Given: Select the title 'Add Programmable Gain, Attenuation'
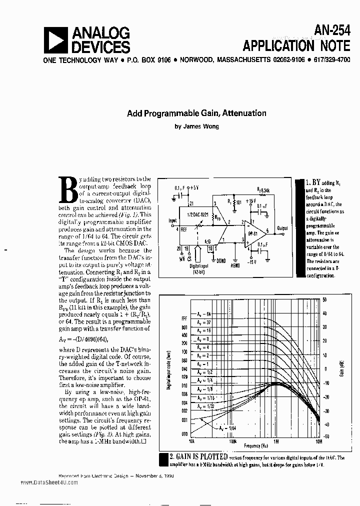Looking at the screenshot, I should (x=196, y=113).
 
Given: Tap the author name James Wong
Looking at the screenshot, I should (x=196, y=126).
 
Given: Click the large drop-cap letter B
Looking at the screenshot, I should (x=68, y=190).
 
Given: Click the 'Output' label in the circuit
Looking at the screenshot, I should (x=282, y=228).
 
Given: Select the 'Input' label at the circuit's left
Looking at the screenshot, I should (x=172, y=220).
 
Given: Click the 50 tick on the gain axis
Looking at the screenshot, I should (x=325, y=299).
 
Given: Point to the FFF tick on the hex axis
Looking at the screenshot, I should (x=184, y=317).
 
